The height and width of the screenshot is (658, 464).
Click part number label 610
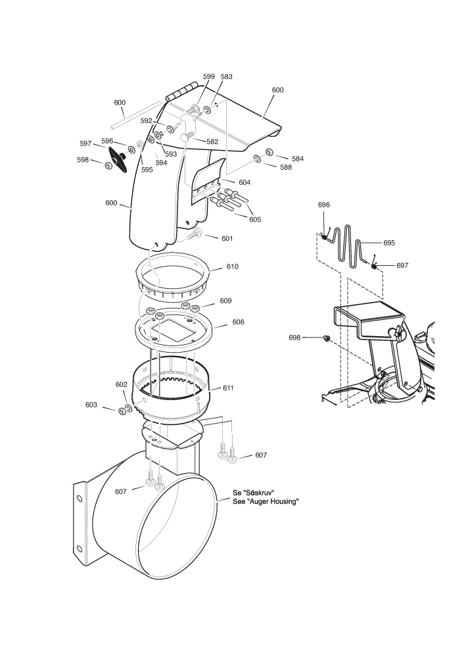click(x=232, y=266)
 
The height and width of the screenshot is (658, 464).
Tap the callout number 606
click(x=238, y=322)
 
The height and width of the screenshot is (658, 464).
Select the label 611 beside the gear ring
click(x=228, y=388)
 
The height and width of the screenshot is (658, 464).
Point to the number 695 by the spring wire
click(x=389, y=243)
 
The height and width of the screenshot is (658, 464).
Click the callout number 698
click(x=294, y=338)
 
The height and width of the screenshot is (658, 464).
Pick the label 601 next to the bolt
click(x=227, y=238)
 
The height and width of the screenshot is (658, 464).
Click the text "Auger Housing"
click(x=273, y=501)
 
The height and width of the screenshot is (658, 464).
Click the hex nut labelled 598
click(x=108, y=166)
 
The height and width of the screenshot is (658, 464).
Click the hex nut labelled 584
click(x=269, y=153)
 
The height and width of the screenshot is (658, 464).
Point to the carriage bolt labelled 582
click(x=187, y=136)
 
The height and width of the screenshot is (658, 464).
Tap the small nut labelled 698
click(x=327, y=338)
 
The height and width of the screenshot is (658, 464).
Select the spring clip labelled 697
click(x=373, y=265)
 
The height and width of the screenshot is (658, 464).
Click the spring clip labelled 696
click(x=324, y=236)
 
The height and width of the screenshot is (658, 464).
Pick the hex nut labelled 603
click(x=122, y=411)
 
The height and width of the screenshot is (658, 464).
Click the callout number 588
click(x=286, y=167)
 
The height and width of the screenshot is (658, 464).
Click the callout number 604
click(x=244, y=182)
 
